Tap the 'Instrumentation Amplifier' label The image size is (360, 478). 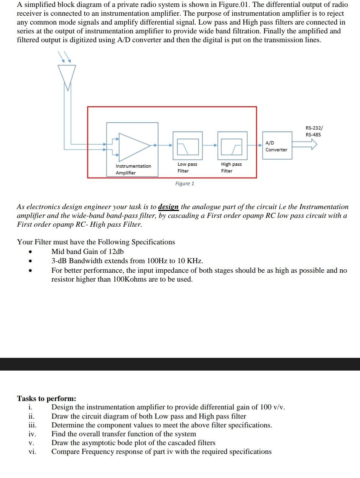(133, 169)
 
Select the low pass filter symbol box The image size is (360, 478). (187, 146)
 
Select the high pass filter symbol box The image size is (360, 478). (232, 146)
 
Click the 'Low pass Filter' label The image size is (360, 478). (187, 167)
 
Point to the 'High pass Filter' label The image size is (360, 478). (231, 167)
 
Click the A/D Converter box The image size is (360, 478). (276, 146)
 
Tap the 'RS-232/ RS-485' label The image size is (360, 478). (313, 131)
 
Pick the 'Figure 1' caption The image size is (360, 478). (184, 183)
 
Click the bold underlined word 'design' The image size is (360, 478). (168, 207)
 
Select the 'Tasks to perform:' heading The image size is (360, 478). (46, 398)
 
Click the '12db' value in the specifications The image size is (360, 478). (116, 252)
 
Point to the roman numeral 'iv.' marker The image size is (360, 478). (32, 434)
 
